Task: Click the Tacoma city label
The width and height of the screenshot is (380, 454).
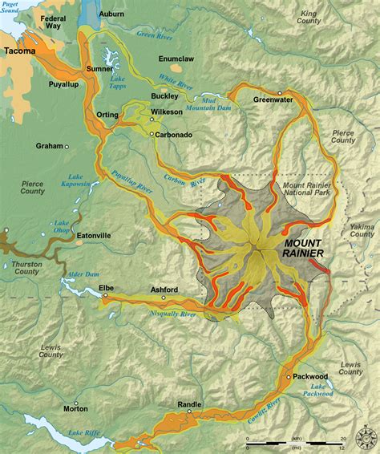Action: coord(19,51)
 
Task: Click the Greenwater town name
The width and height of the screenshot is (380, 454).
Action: coord(273,100)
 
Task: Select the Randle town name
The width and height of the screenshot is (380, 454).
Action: coord(189,404)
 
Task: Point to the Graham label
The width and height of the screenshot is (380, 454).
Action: coord(50,146)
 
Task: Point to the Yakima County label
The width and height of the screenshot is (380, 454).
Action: coord(362,231)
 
